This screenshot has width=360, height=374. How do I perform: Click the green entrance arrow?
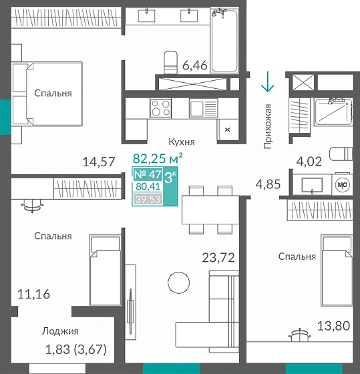267,82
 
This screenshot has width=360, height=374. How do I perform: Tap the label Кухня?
181,142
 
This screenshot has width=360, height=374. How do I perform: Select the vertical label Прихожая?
268,126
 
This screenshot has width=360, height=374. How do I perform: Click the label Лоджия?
60,331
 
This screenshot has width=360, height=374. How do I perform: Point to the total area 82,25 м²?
158,159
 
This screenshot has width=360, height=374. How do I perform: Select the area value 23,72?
219,257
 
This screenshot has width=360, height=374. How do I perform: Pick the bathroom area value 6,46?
195,65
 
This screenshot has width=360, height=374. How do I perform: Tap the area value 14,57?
98,161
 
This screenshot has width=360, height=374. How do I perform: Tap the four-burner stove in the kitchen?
160,108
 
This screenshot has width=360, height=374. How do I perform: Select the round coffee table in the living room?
178,282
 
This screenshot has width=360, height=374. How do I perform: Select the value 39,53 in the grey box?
147,198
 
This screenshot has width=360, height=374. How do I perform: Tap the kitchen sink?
200,108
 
